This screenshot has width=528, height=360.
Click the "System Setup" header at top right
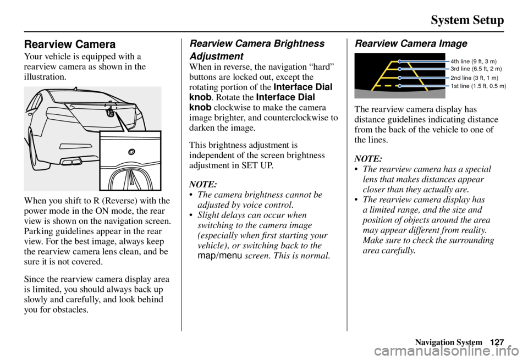[x=467, y=20]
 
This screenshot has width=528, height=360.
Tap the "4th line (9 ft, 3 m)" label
[x=473, y=61]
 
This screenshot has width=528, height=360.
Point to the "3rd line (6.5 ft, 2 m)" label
[x=475, y=69]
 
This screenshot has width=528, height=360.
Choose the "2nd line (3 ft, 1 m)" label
[x=474, y=79]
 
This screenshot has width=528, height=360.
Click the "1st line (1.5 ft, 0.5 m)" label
[x=478, y=86]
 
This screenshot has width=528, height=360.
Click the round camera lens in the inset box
[x=131, y=152]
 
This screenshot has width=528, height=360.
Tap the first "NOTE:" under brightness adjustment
[x=202, y=184]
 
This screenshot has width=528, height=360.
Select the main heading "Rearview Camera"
[x=69, y=45]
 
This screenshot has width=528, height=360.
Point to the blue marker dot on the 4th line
[x=400, y=61]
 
